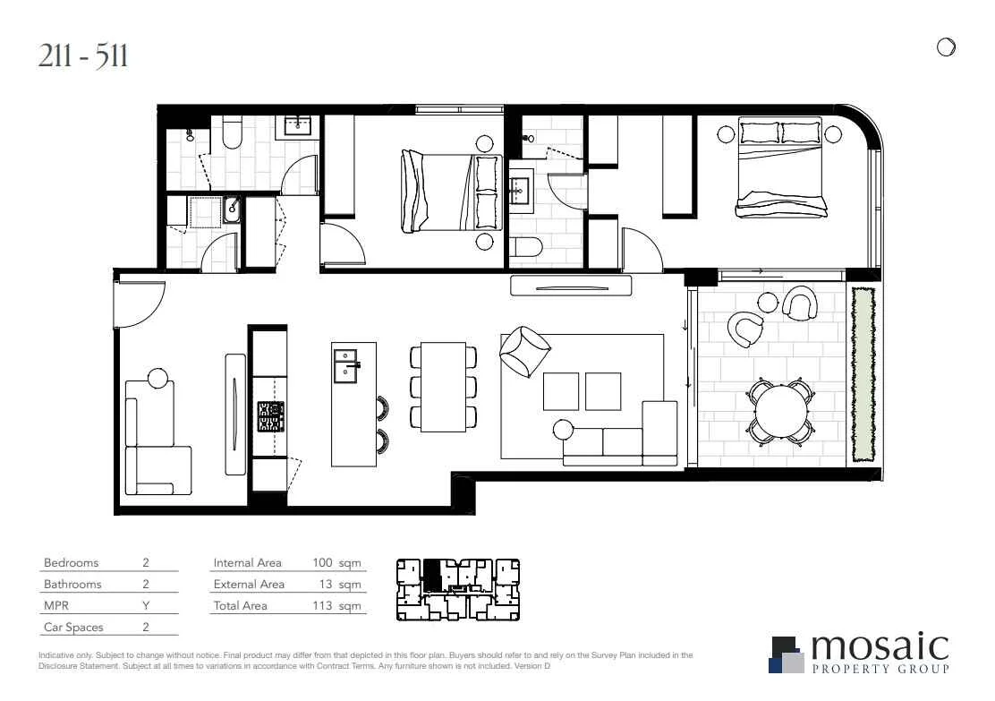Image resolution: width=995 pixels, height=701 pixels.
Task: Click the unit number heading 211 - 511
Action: (x=84, y=56)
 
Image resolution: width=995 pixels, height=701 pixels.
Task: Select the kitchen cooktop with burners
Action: (x=270, y=416)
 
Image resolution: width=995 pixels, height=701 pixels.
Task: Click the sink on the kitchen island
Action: (x=345, y=365)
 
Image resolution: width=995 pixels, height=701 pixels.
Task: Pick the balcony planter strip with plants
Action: (x=863, y=374)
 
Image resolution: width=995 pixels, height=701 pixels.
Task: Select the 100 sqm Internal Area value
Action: (x=336, y=563)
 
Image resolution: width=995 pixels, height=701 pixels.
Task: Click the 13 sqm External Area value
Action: (x=341, y=585)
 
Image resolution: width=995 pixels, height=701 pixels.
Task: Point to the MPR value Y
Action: (x=145, y=606)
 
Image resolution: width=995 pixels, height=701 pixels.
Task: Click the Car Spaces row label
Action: (x=73, y=628)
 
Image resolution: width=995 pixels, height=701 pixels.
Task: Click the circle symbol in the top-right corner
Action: (x=946, y=47)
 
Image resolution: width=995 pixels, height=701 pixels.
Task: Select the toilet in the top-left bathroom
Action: (x=232, y=134)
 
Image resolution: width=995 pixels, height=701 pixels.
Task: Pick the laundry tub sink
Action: (x=232, y=209)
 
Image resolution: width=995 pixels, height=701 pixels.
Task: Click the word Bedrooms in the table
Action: (x=71, y=563)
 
